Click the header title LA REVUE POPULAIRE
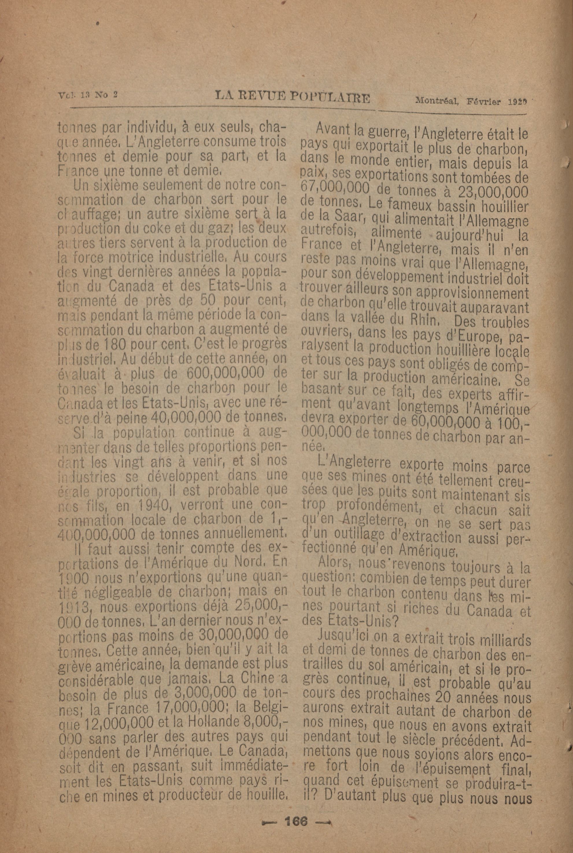point(292,97)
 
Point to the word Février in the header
point(483,101)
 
